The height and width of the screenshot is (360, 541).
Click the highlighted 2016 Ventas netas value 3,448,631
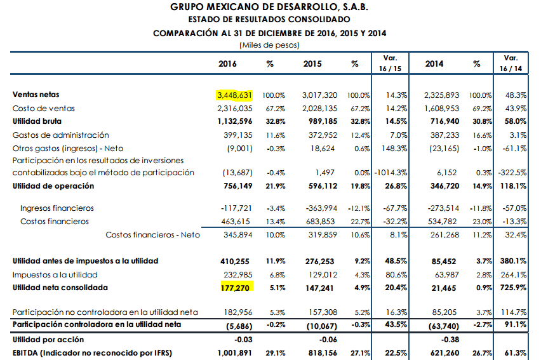pyautogui.click(x=234, y=95)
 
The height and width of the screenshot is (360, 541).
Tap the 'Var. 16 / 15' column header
pyautogui.click(x=390, y=63)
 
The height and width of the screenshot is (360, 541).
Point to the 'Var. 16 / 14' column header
pyautogui.click(x=511, y=63)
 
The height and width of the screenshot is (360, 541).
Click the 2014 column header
pyautogui.click(x=434, y=64)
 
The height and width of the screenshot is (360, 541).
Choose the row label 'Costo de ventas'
pyautogui.click(x=43, y=109)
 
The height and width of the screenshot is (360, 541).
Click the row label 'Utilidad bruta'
pyautogui.click(x=37, y=121)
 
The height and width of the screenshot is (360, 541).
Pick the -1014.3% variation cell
pyautogui.click(x=391, y=173)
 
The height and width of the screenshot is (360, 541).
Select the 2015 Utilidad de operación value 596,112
pyautogui.click(x=323, y=186)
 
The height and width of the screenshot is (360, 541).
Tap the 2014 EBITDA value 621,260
pyautogui.click(x=444, y=353)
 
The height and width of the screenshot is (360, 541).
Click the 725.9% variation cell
pyautogui.click(x=513, y=288)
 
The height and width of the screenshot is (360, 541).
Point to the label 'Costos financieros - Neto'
pyautogui.click(x=152, y=235)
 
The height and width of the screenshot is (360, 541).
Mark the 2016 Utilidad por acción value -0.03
pyautogui.click(x=243, y=340)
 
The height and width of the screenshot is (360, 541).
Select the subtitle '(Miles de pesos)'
pyautogui.click(x=269, y=45)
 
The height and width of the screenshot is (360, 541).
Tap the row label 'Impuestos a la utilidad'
pyautogui.click(x=55, y=275)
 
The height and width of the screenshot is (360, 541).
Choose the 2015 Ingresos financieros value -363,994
pyautogui.click(x=321, y=208)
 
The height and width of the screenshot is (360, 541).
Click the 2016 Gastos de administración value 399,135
pyautogui.click(x=237, y=135)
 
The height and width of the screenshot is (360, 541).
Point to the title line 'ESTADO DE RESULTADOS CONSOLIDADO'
pyautogui.click(x=269, y=19)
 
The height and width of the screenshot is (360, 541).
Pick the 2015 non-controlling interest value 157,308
pyautogui.click(x=323, y=312)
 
